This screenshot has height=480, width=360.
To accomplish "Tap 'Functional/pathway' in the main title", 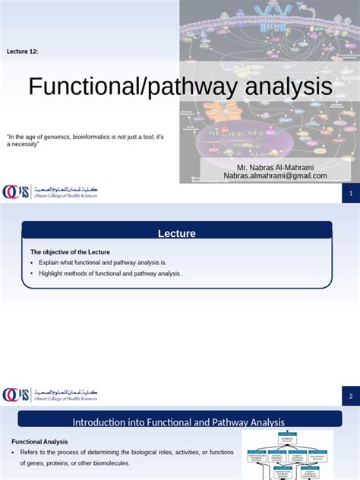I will point(134,87).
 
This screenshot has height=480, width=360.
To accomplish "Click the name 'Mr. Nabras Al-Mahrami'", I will point(274,167).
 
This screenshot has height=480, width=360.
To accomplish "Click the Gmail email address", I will point(275,175).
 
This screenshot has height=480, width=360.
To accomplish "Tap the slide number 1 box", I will point(351,195).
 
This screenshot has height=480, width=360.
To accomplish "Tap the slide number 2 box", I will point(351,396).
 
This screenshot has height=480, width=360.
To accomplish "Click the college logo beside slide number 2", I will point(50,395).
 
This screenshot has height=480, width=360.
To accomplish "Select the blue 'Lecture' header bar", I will point(176,233).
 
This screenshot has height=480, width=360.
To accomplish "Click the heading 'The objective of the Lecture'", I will point(70,251).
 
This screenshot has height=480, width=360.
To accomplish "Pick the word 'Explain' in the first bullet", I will point(49,262).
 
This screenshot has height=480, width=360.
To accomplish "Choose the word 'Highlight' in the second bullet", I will point(52,273).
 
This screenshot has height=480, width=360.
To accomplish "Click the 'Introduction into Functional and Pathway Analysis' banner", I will point(178,422).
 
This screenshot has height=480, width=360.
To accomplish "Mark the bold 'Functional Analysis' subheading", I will point(39,441).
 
